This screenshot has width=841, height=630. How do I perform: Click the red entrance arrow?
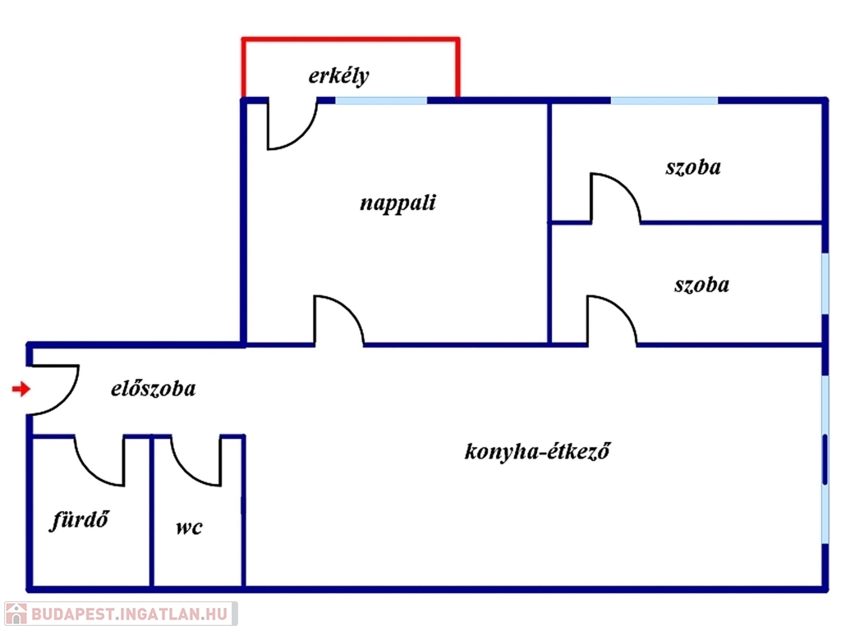pos(21,389)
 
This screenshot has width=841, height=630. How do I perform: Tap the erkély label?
pos(338,76)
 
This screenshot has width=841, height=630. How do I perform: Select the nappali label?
pos(398,203)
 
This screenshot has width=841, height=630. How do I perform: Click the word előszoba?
pos(154,388)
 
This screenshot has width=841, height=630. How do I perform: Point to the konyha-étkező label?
pos(537,451)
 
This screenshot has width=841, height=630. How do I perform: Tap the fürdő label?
pos(80,519)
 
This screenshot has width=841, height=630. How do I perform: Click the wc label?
pos(189,527)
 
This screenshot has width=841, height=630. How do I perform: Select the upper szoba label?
pos(693,167)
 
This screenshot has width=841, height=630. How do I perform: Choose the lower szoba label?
pos(701,285)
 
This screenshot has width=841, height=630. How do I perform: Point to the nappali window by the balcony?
pos(381,100)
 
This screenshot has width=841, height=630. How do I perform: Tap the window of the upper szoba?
pos(664,100)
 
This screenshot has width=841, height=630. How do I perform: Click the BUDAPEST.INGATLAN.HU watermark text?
pos(129,614)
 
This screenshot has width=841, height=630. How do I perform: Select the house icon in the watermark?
pos(16,614)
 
